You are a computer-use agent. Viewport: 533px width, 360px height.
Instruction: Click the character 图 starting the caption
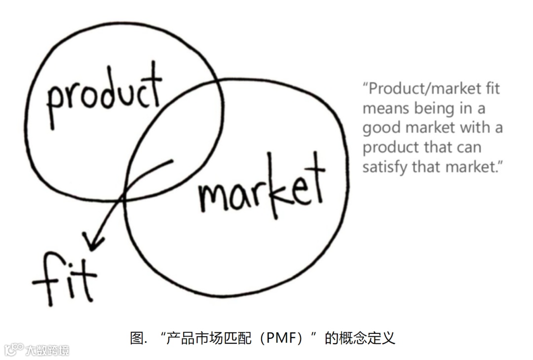click(136, 338)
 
